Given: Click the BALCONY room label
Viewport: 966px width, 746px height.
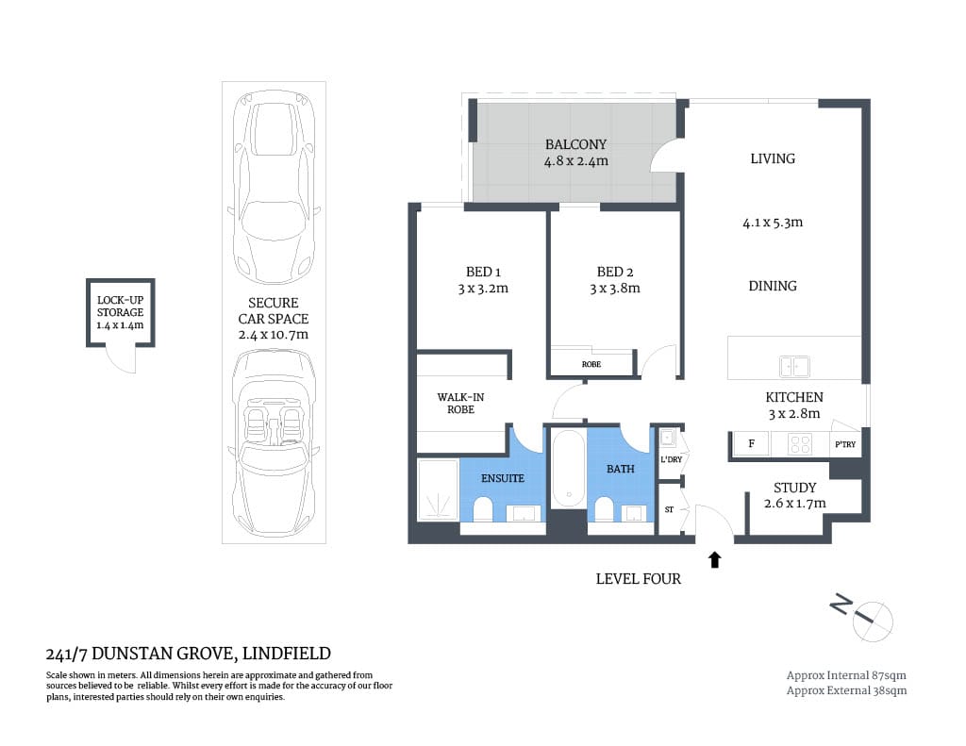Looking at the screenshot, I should (x=575, y=144).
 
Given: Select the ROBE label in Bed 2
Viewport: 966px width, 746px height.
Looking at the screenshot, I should (x=591, y=364).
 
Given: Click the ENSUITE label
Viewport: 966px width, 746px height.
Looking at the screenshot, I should (x=502, y=478).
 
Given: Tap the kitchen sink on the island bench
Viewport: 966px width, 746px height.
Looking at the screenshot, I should (x=793, y=365).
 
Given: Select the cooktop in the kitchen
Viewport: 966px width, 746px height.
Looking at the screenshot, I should (x=800, y=444).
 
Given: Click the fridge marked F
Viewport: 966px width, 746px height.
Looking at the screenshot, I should (x=751, y=444).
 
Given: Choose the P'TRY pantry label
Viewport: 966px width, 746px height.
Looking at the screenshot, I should (x=844, y=444).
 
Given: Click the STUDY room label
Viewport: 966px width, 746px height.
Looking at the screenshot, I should (x=794, y=488).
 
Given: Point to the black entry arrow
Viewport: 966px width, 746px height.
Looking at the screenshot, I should (x=714, y=559).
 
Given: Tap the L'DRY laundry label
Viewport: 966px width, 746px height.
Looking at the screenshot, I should (x=671, y=459).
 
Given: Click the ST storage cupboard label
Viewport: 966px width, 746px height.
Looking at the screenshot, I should (x=669, y=509).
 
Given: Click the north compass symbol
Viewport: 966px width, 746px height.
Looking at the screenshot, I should (x=868, y=617).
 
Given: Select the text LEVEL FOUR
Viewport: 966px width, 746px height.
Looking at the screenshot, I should (x=638, y=578).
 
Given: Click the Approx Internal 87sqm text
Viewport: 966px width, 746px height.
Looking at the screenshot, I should (x=846, y=674).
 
